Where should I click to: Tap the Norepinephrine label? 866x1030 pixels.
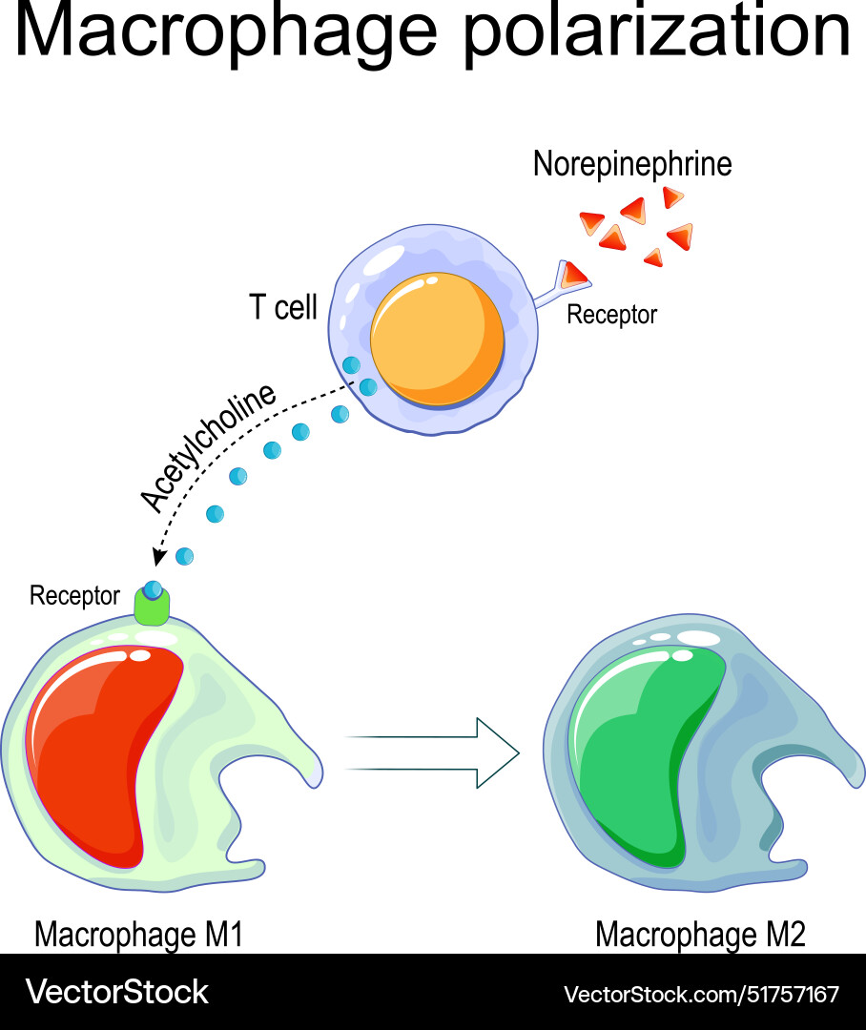coord(632,164)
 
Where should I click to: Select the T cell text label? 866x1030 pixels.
coord(283,308)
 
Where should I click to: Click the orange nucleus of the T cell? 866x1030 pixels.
coord(438,339)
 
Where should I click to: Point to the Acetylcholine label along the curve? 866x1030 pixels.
coord(207,448)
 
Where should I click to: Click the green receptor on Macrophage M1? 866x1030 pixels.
coord(151,608)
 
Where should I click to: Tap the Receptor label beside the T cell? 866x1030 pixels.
coord(611,315)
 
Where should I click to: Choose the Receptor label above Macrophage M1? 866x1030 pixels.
coord(74,596)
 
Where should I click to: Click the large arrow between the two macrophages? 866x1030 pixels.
coord(434,752)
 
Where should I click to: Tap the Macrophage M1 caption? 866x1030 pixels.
coord(138,935)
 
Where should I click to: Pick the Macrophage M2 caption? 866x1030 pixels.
coord(700,935)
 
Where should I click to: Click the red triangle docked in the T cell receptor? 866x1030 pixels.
coord(574,275)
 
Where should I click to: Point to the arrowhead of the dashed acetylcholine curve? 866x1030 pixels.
coord(157,555)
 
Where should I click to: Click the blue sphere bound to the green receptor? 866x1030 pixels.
coord(153,589)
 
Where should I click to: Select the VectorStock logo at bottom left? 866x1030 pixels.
coord(116,992)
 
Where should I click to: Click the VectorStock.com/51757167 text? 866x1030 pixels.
coord(701,994)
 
